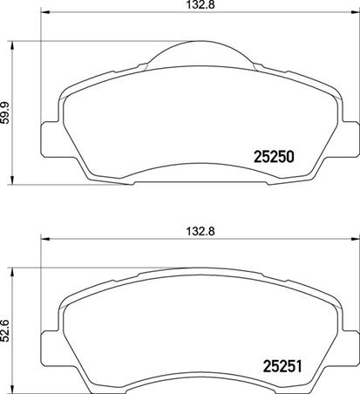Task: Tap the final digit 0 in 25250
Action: click(295, 158)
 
